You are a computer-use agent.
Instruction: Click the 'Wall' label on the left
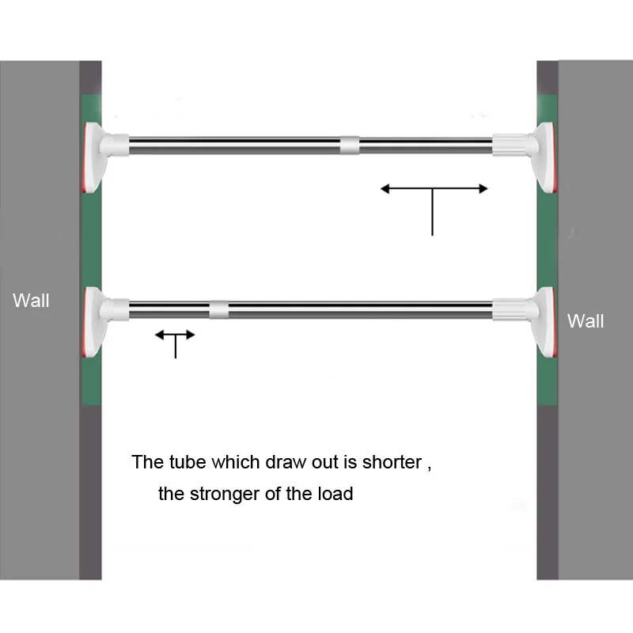(31, 301)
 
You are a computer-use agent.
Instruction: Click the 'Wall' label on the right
(586, 321)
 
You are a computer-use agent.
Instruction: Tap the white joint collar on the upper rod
(350, 145)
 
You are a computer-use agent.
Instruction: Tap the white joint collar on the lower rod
(219, 309)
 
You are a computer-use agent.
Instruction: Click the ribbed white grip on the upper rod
(510, 145)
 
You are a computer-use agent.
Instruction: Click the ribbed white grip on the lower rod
(510, 309)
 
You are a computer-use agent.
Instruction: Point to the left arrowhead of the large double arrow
(385, 188)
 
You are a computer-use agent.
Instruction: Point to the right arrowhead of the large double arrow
(483, 188)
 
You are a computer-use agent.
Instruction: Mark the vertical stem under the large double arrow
(432, 212)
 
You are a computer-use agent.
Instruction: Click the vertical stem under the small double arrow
(175, 347)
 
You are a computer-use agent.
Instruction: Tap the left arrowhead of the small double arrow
(160, 335)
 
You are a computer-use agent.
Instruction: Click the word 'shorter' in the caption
(392, 462)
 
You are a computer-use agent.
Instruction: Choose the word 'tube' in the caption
(188, 462)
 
